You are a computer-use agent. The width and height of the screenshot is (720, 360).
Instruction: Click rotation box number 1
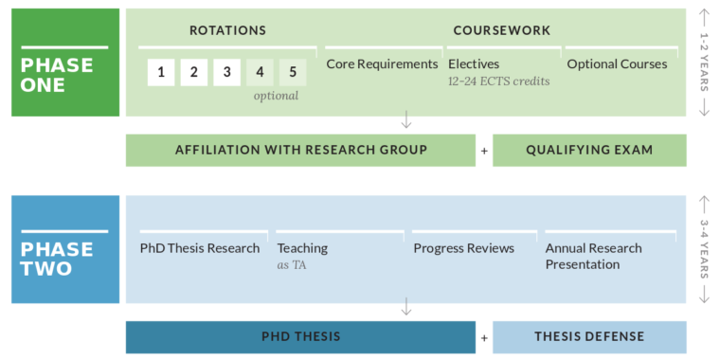(161, 71)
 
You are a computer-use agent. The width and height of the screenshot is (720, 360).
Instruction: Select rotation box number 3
(225, 71)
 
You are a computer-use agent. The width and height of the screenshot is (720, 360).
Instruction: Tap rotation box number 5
(293, 71)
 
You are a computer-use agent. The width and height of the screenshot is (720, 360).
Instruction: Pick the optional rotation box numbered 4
(260, 71)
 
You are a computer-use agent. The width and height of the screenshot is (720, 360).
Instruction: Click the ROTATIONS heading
(227, 30)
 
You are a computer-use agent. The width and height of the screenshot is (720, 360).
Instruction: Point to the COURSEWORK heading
(501, 30)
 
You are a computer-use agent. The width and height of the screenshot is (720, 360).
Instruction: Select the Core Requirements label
(382, 64)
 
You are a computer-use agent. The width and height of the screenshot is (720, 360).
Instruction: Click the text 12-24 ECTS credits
(498, 81)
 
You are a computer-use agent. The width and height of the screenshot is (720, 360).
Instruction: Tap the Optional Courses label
(617, 64)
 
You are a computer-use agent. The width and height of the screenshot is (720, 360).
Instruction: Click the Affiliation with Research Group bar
(300, 150)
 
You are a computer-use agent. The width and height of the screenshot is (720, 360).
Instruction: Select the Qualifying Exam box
(589, 150)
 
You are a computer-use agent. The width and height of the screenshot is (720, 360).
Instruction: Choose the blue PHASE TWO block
(65, 249)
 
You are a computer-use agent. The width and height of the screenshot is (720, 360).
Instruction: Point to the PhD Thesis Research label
(200, 248)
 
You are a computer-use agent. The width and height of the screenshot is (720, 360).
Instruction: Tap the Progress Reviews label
(463, 248)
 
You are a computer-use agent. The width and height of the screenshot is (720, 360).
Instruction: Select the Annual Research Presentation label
(593, 256)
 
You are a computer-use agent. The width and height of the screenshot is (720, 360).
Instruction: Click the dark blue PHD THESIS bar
(300, 336)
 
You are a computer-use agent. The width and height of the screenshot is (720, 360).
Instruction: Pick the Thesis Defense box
(589, 336)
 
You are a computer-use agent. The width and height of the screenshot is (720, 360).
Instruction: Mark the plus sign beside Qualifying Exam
(484, 151)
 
